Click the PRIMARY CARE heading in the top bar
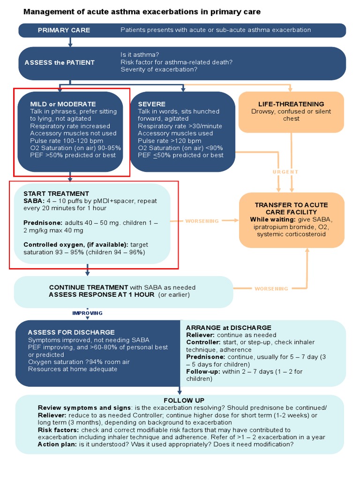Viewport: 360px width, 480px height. [x=64, y=30]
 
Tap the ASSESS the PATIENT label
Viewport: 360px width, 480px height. [x=60, y=62]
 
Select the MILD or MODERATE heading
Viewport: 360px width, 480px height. [x=63, y=104]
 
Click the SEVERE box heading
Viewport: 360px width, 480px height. [x=151, y=104]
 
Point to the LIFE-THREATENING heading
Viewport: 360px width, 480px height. [x=291, y=104]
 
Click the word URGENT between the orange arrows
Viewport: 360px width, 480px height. [x=285, y=172]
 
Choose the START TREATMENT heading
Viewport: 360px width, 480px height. [x=56, y=194]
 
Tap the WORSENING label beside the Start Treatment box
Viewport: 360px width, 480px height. [x=202, y=221]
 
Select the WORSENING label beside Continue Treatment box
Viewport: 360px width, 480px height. [x=271, y=289]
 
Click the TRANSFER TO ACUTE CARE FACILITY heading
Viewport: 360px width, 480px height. [x=291, y=209]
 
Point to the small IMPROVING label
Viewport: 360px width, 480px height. [x=87, y=313]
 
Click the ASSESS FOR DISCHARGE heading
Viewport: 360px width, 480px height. [x=71, y=332]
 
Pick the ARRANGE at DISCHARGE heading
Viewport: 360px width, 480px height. [x=229, y=328]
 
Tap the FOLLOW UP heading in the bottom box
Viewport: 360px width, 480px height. [x=184, y=400]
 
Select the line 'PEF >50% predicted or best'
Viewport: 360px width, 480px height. [x=73, y=155]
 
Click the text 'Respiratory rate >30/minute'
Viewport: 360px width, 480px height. [x=180, y=126]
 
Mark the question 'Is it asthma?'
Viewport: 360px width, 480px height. [x=140, y=55]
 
